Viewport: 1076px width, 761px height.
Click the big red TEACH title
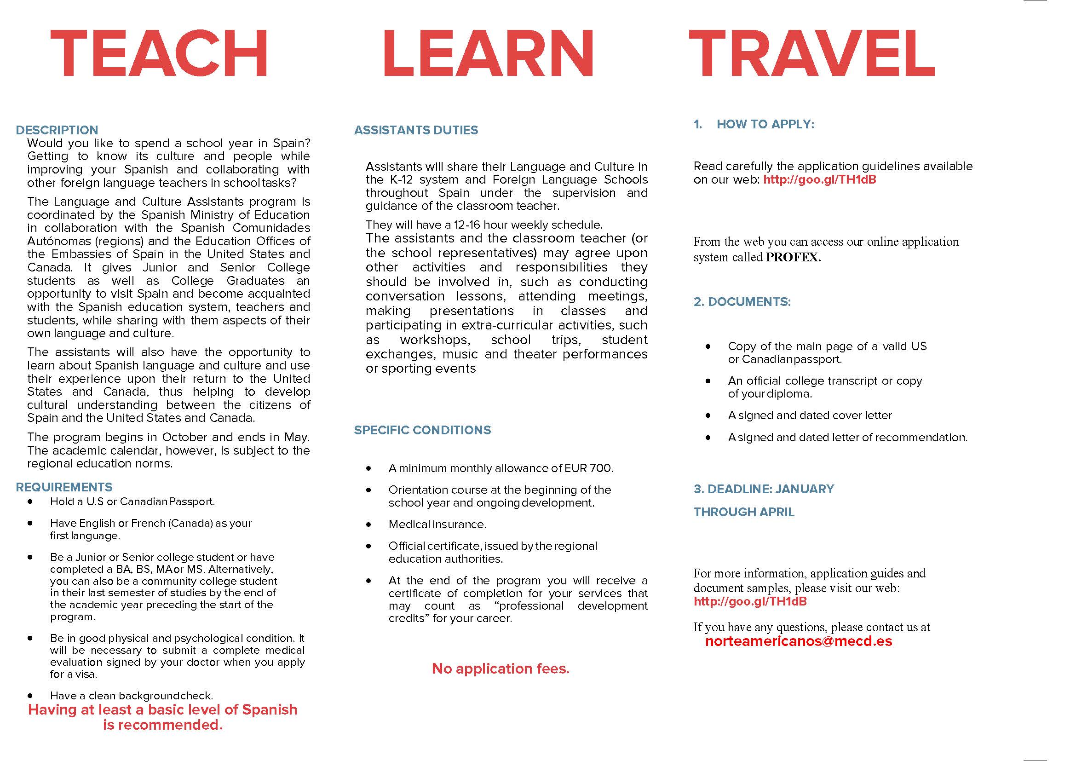tap(159, 52)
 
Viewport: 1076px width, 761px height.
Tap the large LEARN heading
tap(489, 52)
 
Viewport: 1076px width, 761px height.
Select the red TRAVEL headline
tap(811, 52)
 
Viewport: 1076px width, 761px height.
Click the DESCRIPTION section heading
tap(57, 130)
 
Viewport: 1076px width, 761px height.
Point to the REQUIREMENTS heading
tap(64, 487)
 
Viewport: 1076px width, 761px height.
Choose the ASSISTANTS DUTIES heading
tap(416, 130)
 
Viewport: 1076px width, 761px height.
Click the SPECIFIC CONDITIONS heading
tap(422, 430)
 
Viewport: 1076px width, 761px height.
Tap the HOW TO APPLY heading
tap(765, 124)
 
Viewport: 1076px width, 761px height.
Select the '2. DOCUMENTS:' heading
tap(742, 301)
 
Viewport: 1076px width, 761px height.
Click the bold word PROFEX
tap(793, 257)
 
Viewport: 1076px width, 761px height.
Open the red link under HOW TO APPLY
tap(819, 179)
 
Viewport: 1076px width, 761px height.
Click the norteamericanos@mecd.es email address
tap(798, 641)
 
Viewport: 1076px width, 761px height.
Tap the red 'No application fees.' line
tap(501, 668)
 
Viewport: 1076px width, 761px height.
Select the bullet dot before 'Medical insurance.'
tap(369, 525)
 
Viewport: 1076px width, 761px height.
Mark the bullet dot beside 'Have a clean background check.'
tap(30, 696)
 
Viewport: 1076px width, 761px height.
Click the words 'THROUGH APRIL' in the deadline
tap(744, 512)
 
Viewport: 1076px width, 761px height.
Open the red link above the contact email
tap(750, 601)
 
